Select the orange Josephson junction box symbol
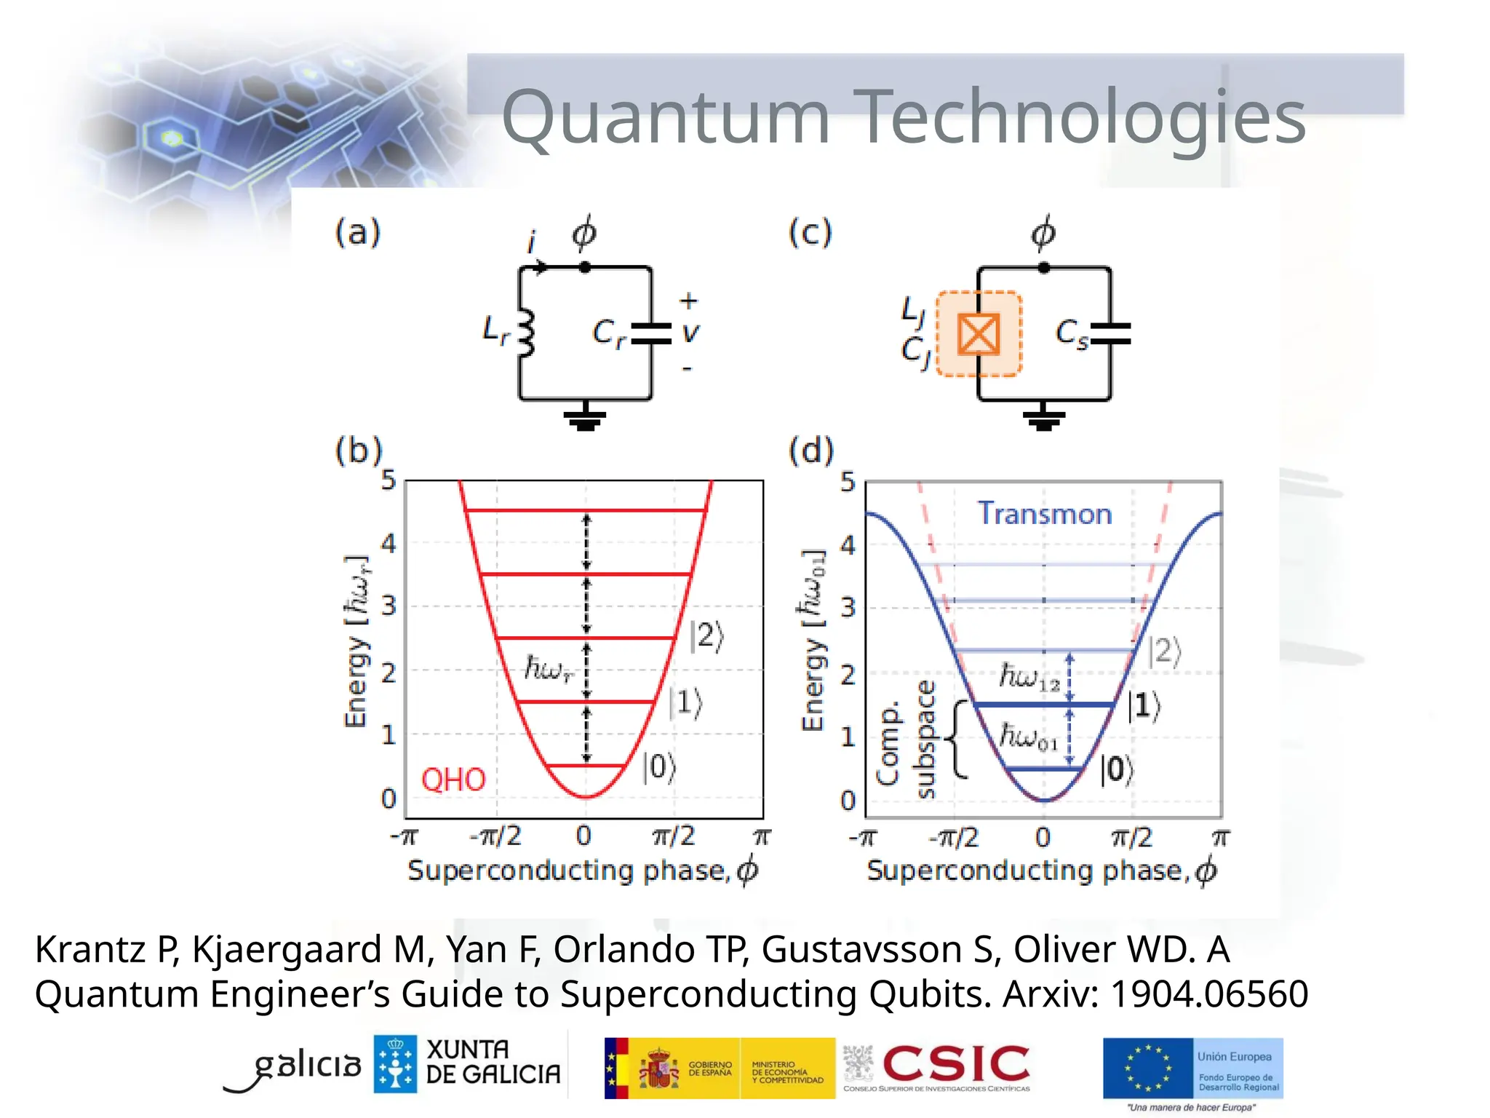pos(979,334)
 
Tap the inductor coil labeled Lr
pos(526,333)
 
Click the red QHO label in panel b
pos(453,780)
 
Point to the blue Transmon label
pos(1045,514)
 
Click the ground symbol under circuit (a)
pos(585,419)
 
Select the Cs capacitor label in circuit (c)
pos(1072,333)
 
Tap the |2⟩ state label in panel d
pos(1165,651)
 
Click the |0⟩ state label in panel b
pos(659,767)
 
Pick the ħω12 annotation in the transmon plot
pos(1029,677)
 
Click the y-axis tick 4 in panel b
pos(389,543)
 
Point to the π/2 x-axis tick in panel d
pos(1132,838)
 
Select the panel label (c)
pos(810,233)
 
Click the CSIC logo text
pos(956,1063)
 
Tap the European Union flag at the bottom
pos(1147,1068)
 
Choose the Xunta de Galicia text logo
pos(493,1062)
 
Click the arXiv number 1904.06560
pos(1209,994)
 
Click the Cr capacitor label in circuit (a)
pos(608,333)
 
